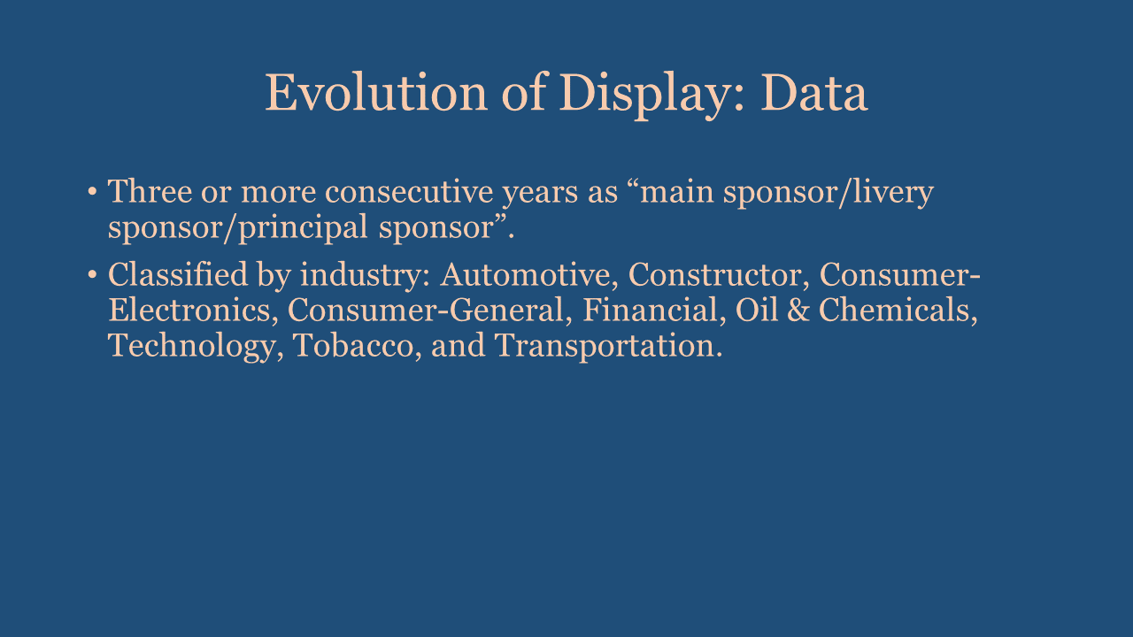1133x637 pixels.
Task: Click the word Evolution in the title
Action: [x=376, y=93]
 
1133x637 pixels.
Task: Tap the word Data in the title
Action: [x=814, y=93]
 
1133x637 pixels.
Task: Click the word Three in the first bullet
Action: [x=150, y=192]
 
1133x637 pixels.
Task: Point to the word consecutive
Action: [x=409, y=192]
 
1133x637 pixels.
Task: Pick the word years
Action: [x=540, y=196]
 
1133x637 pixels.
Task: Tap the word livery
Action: [x=893, y=193]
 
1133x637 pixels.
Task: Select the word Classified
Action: [x=178, y=274]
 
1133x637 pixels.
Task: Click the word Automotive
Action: [x=528, y=275]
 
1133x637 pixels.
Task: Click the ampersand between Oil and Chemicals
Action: [x=798, y=310]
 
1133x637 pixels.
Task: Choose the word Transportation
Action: [x=607, y=346]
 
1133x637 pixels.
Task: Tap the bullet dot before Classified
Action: [x=92, y=275]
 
